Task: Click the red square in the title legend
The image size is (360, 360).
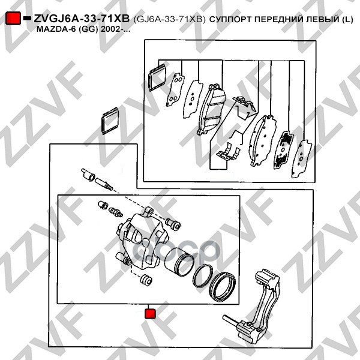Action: click(x=13, y=18)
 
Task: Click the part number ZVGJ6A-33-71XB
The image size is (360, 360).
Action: click(x=82, y=19)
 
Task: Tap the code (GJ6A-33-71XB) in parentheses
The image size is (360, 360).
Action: click(x=169, y=19)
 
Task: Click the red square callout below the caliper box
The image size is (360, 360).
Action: click(x=151, y=314)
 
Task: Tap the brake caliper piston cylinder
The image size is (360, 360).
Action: click(x=179, y=262)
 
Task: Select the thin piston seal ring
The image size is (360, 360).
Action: click(x=203, y=276)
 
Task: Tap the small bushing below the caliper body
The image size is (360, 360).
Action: click(x=146, y=280)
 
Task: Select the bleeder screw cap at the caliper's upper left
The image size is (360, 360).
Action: click(x=103, y=205)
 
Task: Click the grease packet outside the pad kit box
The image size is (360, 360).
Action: click(x=110, y=121)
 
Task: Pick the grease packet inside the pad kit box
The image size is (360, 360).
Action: click(x=157, y=77)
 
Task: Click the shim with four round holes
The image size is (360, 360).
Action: click(x=175, y=89)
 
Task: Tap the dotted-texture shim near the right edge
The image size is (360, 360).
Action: click(x=283, y=149)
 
